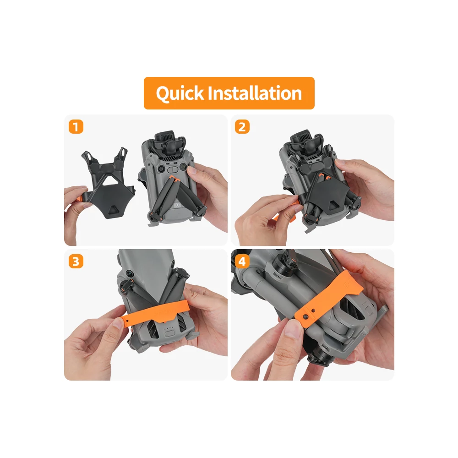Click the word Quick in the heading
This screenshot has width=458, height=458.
(180, 93)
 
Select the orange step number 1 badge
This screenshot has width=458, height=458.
(76, 127)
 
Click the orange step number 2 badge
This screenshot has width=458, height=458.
(242, 127)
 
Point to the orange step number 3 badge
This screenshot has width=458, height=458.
(76, 262)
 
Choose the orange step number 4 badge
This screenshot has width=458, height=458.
(242, 262)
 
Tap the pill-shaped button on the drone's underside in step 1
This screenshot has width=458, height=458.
(173, 169)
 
